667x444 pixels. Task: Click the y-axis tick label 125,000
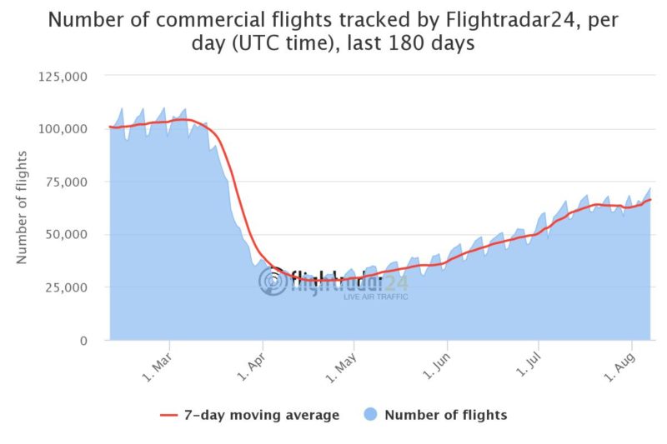click(64, 76)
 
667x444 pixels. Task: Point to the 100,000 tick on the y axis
click(64, 128)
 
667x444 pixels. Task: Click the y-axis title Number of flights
click(23, 207)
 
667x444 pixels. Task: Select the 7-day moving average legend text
click(262, 415)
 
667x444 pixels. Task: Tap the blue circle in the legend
click(370, 414)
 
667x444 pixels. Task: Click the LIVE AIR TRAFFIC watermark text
click(375, 297)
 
